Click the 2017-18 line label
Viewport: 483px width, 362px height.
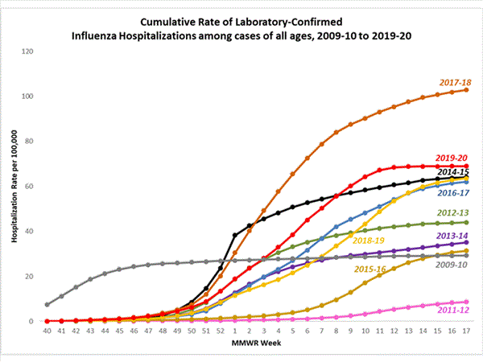click(x=454, y=82)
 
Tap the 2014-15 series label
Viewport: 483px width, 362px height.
click(x=454, y=171)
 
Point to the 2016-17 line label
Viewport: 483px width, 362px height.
click(x=454, y=193)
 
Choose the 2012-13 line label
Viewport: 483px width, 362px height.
click(x=454, y=212)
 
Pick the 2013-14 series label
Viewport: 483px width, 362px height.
click(x=454, y=236)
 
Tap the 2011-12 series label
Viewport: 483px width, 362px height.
click(x=454, y=308)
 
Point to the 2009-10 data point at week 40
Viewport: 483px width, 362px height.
click(x=47, y=305)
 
